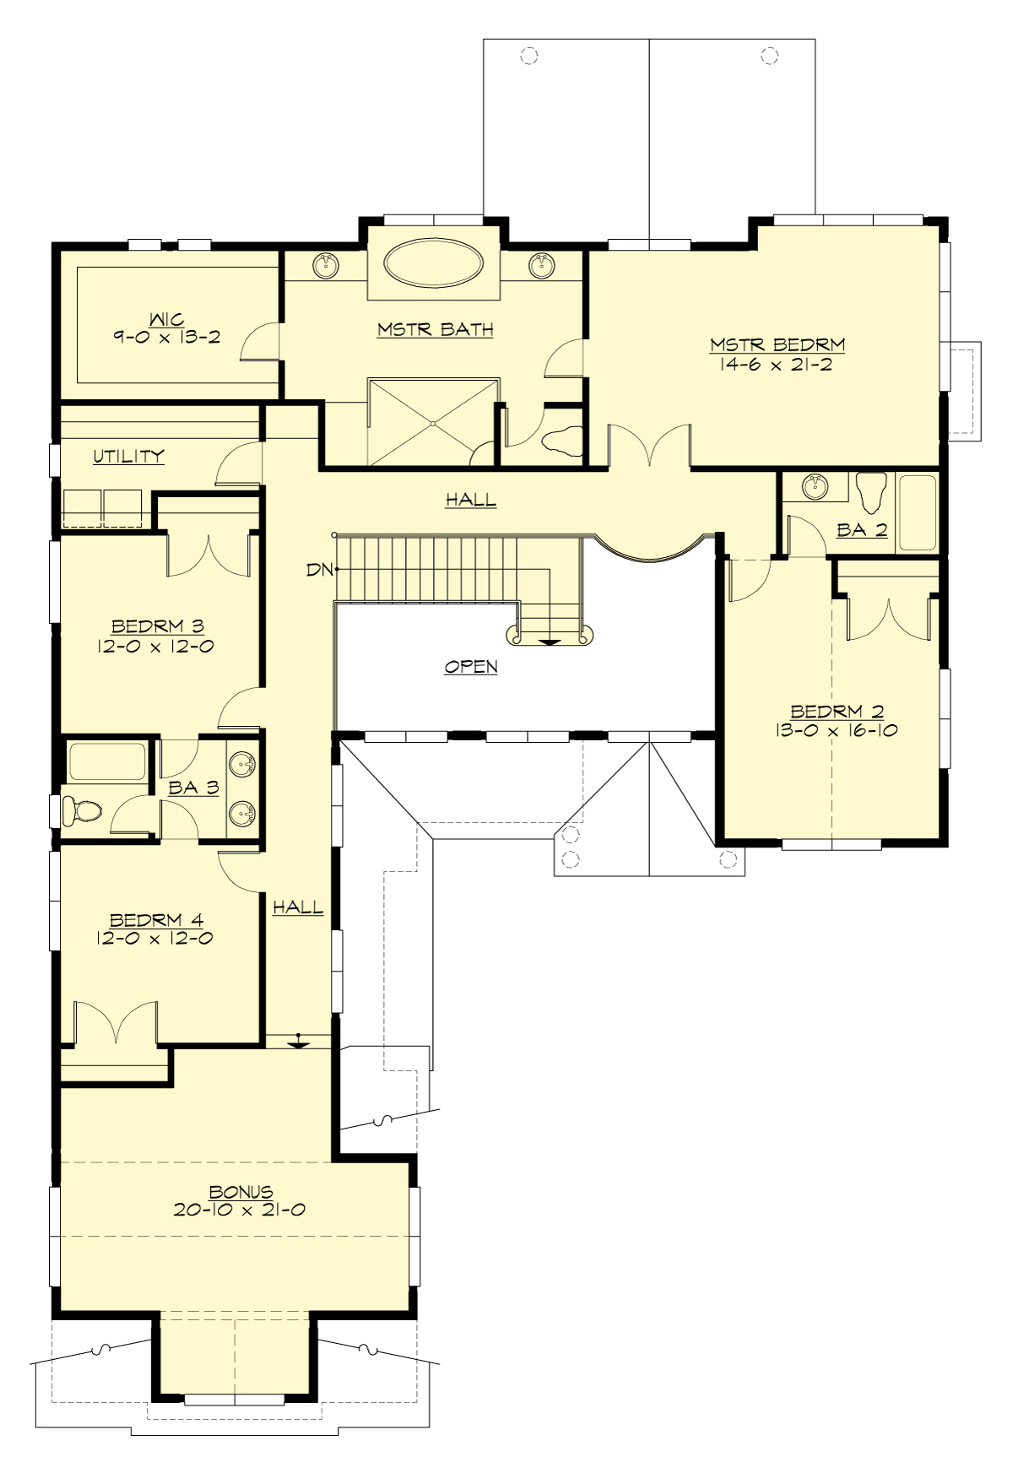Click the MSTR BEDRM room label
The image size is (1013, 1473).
click(x=777, y=344)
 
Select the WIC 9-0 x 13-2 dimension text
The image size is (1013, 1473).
click(x=166, y=336)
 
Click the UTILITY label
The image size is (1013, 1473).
click(x=128, y=457)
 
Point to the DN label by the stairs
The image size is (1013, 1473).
click(x=321, y=570)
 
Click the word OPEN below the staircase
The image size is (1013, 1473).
click(x=471, y=667)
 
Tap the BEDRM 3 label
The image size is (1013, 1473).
click(x=158, y=626)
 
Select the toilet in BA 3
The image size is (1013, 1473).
click(x=83, y=811)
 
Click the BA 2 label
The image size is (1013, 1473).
click(x=862, y=530)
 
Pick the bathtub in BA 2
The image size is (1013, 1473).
click(x=918, y=514)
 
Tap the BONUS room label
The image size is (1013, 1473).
click(x=241, y=1192)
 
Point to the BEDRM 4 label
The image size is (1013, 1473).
click(x=157, y=920)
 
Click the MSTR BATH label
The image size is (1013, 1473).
click(x=435, y=329)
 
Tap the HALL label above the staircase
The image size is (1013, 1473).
click(x=471, y=500)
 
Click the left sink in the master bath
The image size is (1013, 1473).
click(x=327, y=266)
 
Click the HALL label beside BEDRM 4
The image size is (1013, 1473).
click(x=297, y=907)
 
